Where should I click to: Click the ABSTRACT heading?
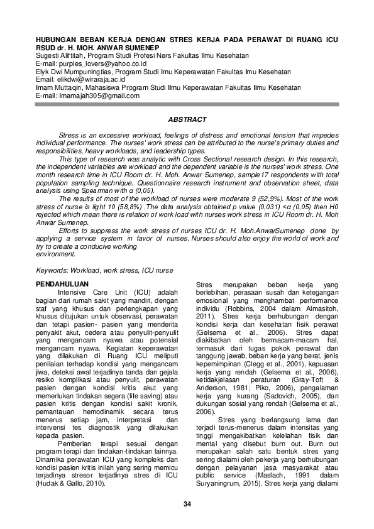tap(187, 119)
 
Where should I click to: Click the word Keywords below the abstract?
tap(53, 270)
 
